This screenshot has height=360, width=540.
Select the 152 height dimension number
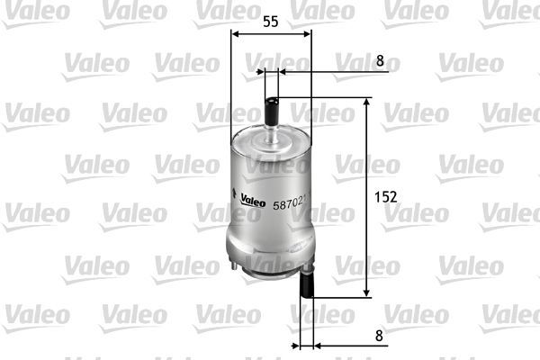tap(384, 196)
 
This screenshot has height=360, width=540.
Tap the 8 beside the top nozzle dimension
tap(380, 60)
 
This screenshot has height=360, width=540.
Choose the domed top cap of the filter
tap(271, 141)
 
